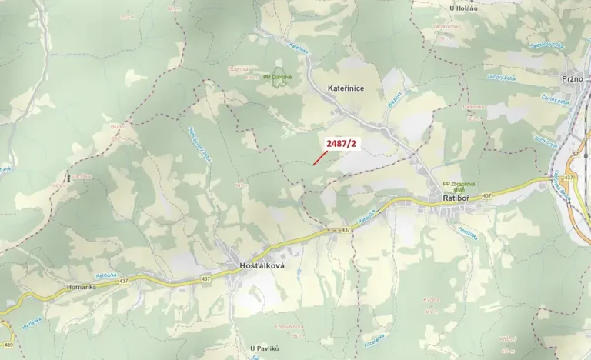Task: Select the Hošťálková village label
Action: click(257, 265)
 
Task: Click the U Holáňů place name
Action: click(463, 8)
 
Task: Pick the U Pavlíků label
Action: click(264, 348)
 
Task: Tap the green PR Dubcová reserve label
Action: click(278, 76)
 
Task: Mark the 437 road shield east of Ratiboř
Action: click(486, 195)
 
